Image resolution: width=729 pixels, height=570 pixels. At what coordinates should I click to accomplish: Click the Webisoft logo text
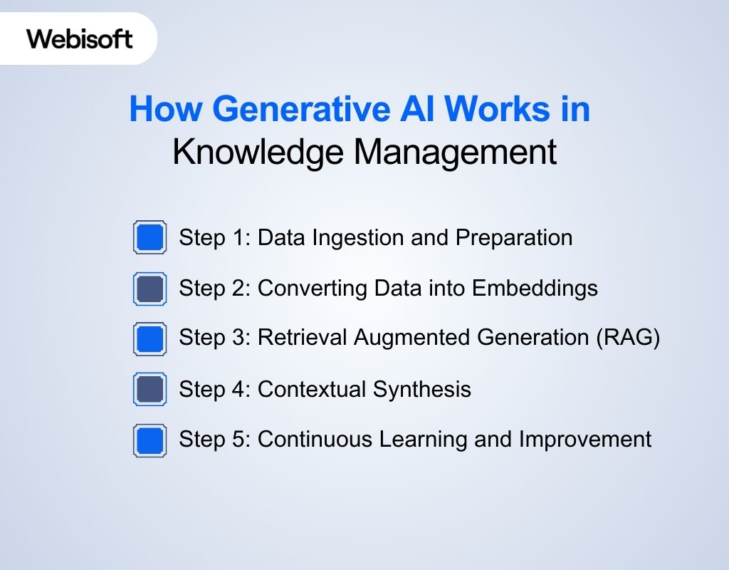point(80,38)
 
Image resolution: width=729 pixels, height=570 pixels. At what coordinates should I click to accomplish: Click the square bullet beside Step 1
point(150,237)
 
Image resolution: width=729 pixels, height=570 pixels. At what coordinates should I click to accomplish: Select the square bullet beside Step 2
point(150,289)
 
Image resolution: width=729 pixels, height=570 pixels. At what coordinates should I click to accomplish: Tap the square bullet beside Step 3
point(150,338)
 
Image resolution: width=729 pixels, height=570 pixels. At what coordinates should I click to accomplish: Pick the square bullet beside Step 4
point(150,389)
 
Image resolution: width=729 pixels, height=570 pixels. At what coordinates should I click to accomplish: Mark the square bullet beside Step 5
point(150,440)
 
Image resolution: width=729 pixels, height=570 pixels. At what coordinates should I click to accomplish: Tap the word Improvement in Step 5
point(584,440)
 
